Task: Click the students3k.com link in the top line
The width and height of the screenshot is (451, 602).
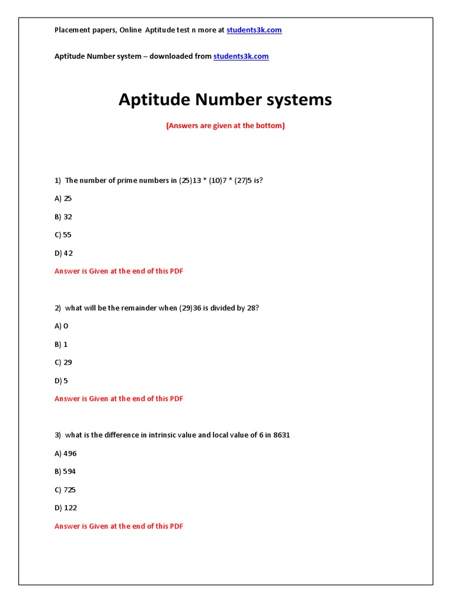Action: point(254,30)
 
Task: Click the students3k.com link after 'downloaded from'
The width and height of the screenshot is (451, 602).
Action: point(241,56)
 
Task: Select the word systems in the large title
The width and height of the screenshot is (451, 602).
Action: point(299,100)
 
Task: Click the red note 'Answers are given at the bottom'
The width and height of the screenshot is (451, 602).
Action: point(225,126)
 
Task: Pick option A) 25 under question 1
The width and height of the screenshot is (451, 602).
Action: point(63,199)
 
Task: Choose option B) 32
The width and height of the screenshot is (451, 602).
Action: point(63,217)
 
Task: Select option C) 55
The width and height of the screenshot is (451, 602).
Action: point(63,235)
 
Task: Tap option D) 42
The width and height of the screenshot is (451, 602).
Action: point(64,253)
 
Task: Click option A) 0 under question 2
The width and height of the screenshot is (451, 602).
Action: point(62,326)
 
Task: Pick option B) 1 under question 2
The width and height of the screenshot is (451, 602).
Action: point(61,345)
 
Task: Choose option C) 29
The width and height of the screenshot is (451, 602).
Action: point(63,363)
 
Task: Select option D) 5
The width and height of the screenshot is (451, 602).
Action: point(62,381)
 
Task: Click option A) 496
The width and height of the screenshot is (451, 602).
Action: point(66,454)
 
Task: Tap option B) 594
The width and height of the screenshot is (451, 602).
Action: point(65,472)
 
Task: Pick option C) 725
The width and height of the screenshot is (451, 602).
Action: point(65,490)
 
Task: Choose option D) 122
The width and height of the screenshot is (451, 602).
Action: point(66,508)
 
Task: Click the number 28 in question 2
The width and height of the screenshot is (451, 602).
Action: point(251,308)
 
